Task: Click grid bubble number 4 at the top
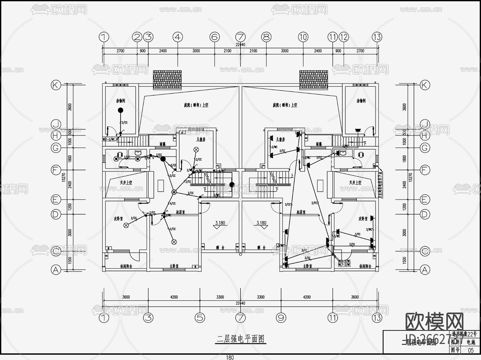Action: pyautogui.click(x=178, y=37)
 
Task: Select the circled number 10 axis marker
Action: pyautogui.click(x=303, y=37)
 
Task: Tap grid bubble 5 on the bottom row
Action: pyautogui.click(x=200, y=318)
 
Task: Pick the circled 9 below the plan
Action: pyautogui.click(x=281, y=318)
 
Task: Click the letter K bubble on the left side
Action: pyautogui.click(x=56, y=85)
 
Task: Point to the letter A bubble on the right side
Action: pyautogui.click(x=425, y=270)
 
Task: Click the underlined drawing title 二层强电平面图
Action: pyautogui.click(x=241, y=339)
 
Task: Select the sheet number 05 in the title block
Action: pyautogui.click(x=471, y=350)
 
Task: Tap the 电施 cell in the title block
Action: pyautogui.click(x=471, y=342)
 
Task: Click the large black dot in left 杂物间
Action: pyautogui.click(x=121, y=110)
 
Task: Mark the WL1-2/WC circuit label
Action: pyautogui.click(x=109, y=139)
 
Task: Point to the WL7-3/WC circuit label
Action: pyautogui.click(x=344, y=265)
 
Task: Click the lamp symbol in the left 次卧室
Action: pyautogui.click(x=126, y=225)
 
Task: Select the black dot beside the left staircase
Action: pyautogui.click(x=232, y=185)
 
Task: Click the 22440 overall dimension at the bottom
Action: pyautogui.click(x=240, y=303)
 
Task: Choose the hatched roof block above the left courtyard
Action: pyautogui.click(x=167, y=80)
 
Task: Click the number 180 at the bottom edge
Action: pyautogui.click(x=230, y=357)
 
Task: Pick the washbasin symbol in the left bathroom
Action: pyautogui.click(x=138, y=153)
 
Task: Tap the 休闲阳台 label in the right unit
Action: pyautogui.click(x=365, y=266)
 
